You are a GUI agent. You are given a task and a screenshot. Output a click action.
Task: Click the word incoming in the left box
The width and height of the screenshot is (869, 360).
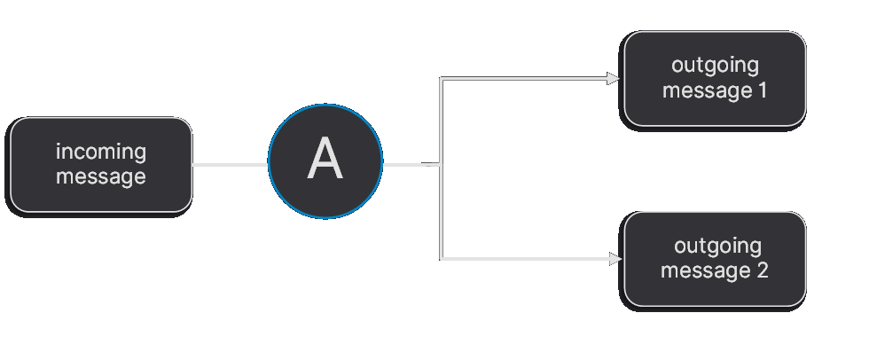pyautogui.click(x=100, y=153)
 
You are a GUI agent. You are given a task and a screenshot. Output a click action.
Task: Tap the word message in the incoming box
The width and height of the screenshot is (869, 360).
pyautogui.click(x=100, y=176)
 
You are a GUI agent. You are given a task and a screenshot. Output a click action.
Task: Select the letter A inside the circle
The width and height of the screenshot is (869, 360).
pyautogui.click(x=325, y=161)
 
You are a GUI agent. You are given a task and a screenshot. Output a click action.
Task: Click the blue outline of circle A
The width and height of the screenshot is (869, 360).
pyautogui.click(x=325, y=108)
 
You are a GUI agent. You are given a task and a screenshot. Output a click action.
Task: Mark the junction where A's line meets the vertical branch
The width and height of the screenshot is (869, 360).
pyautogui.click(x=441, y=164)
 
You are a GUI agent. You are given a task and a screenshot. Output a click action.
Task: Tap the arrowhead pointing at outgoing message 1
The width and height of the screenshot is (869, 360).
pyautogui.click(x=614, y=79)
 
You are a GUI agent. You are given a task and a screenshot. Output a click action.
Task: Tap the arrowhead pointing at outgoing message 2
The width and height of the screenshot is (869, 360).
pyautogui.click(x=614, y=259)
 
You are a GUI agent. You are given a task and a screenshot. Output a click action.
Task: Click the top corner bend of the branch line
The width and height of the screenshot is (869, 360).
pyautogui.click(x=442, y=79)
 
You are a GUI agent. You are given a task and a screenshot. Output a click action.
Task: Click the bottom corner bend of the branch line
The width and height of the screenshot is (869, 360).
pyautogui.click(x=442, y=259)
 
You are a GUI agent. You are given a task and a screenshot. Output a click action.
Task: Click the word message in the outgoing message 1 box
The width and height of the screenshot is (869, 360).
pyautogui.click(x=706, y=90)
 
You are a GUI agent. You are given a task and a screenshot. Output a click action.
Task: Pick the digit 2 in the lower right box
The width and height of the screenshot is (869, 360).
pyautogui.click(x=762, y=270)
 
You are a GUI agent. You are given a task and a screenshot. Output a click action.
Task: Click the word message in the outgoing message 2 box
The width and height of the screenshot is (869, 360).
pyautogui.click(x=706, y=270)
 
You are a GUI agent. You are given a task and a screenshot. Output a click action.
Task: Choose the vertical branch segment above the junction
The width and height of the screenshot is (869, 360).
pyautogui.click(x=441, y=121)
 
